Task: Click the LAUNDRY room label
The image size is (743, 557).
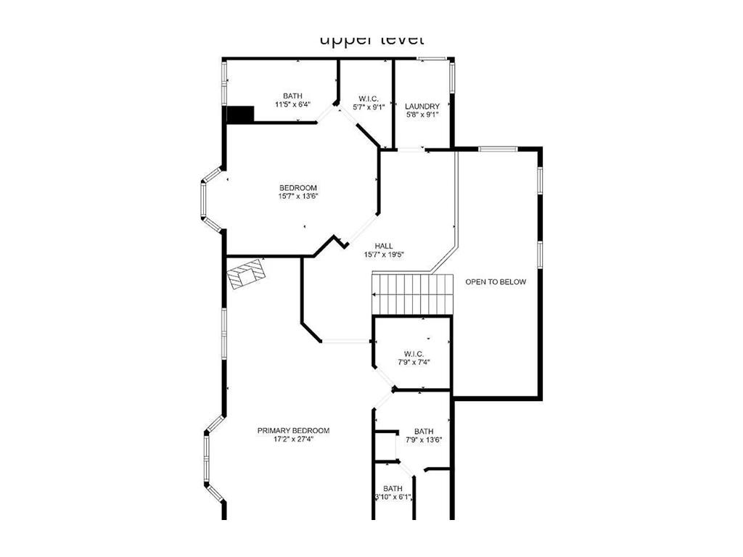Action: (422, 106)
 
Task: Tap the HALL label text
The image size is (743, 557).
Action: (384, 246)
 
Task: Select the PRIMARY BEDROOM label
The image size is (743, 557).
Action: (294, 430)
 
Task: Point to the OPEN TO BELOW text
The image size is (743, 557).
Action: (496, 282)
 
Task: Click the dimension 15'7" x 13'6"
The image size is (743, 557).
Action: (298, 196)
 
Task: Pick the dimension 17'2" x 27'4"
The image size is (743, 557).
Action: (294, 439)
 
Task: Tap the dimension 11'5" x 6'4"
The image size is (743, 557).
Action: (292, 104)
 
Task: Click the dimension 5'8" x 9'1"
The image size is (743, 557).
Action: (422, 115)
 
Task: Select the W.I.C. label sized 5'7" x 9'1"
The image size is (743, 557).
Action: (366, 99)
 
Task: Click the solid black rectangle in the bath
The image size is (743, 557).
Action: (240, 114)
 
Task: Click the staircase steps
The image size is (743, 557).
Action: (412, 294)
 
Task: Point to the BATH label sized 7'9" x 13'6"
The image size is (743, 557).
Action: (424, 431)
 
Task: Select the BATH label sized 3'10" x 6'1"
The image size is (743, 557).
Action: (393, 488)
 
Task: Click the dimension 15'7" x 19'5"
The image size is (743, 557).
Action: (384, 255)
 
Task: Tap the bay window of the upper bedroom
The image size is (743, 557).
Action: (210, 199)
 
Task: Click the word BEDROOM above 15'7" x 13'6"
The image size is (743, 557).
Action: (298, 188)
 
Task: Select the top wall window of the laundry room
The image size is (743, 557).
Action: (431, 59)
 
